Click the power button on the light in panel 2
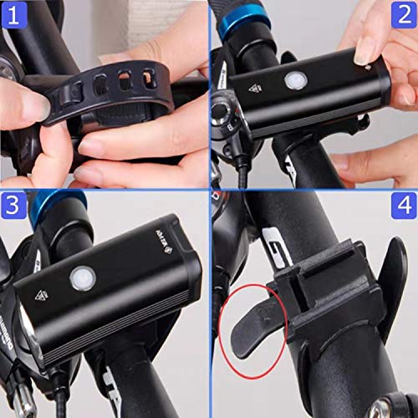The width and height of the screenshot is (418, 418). click(x=293, y=81)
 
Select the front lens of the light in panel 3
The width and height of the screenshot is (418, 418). click(x=21, y=335)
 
